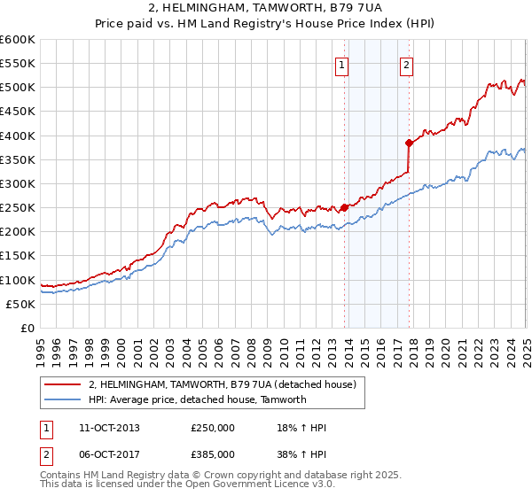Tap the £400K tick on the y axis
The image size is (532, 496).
18,136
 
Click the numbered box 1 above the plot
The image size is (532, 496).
341,64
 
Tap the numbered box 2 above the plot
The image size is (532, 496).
406,64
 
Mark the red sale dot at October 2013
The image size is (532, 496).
344,208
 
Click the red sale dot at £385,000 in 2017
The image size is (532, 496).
409,143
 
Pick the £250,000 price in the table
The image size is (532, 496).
213,428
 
